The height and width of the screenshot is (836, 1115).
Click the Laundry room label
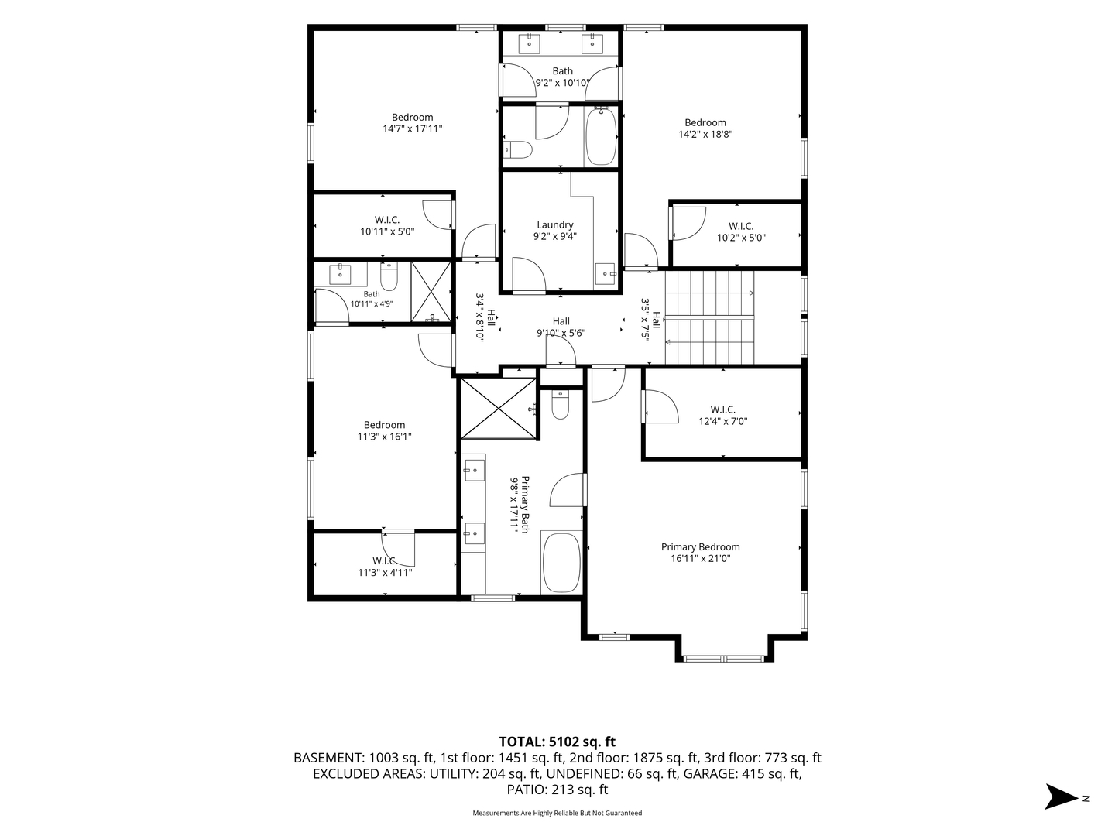pos(554,224)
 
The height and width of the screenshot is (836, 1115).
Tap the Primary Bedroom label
pos(700,546)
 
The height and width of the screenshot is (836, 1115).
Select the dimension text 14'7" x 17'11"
pos(413,129)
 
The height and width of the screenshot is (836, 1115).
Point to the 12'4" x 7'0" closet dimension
pos(723,421)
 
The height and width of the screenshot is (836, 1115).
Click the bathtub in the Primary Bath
pos(561,563)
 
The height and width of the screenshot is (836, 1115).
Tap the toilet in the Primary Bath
pos(561,405)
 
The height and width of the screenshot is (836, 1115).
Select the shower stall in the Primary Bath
pos(499,408)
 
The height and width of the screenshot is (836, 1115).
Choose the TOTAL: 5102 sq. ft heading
pos(557,742)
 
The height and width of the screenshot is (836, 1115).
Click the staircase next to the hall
pos(709,317)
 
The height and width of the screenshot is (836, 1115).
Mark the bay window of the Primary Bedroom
pos(724,659)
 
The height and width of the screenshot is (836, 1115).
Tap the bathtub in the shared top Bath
pos(600,135)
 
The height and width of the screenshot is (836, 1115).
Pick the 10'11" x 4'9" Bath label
pos(372,299)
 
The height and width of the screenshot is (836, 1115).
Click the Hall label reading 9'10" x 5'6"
pos(561,327)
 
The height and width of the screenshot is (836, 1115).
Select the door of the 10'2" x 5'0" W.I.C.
pos(688,223)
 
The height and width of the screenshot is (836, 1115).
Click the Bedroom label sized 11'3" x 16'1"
pos(385,430)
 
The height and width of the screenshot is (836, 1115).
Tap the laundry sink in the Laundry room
pos(605,274)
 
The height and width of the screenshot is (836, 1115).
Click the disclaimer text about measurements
pos(557,813)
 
